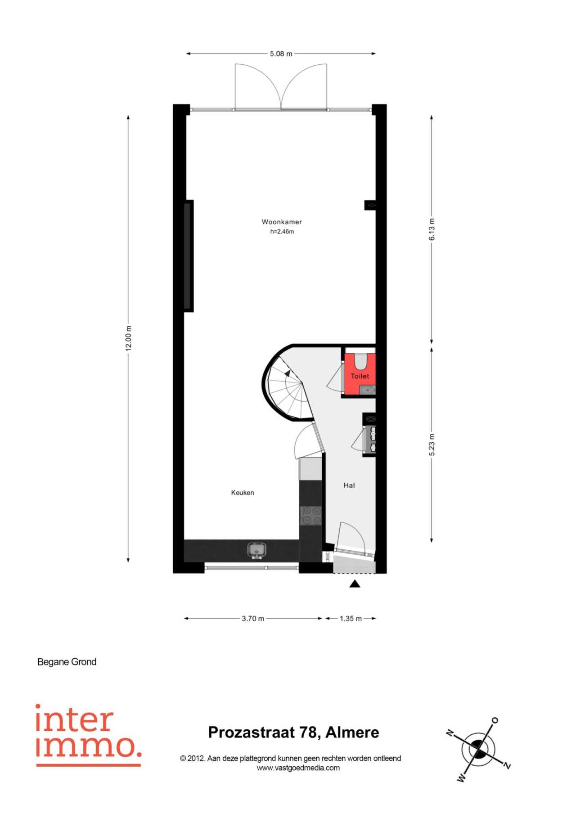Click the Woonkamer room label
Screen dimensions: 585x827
tap(282, 222)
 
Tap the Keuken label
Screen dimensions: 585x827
tap(243, 493)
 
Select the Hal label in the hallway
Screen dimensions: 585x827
tap(349, 485)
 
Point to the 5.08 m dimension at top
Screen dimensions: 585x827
tap(281, 54)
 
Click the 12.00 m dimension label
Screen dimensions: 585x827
tap(128, 338)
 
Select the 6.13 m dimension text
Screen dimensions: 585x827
tap(432, 229)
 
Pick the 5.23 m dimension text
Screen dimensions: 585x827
tap(432, 445)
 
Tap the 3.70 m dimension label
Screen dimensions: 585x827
tap(253, 618)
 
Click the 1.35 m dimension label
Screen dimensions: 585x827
tap(351, 618)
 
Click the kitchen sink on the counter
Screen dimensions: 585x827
tap(256, 550)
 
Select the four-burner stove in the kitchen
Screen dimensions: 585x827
tap(311, 516)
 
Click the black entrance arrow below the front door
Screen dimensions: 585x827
tap(355, 584)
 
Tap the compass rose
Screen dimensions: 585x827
tap(478, 749)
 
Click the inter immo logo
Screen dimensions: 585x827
tap(88, 735)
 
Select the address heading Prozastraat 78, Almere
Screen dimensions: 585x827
tap(293, 733)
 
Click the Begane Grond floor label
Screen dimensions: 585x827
tap(67, 662)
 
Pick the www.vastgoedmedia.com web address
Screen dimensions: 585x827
tap(298, 768)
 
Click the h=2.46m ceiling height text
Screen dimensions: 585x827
tap(282, 232)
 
